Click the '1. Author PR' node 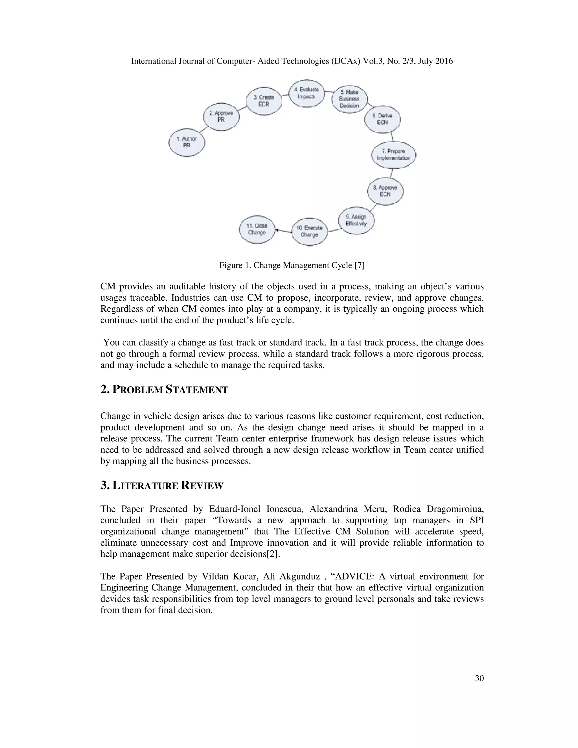tap(187, 143)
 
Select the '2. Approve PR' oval tap(221, 117)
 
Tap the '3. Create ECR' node tap(264, 101)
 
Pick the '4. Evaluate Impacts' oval tap(306, 93)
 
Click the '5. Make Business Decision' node tap(350, 99)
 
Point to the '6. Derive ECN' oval tap(382, 119)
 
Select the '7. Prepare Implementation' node tap(393, 155)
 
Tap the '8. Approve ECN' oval tap(385, 191)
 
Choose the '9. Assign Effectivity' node tap(356, 220)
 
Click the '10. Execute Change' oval tap(310, 231)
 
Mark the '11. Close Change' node tap(257, 229)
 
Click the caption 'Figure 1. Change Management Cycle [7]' tap(292, 265)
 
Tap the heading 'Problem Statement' tap(164, 390)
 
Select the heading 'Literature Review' tap(162, 486)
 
